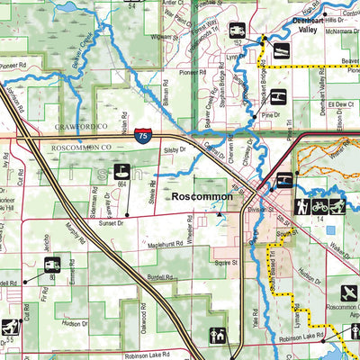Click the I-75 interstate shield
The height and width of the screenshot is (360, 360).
pos(143,135)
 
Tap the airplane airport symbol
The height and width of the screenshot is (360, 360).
pos(348,292)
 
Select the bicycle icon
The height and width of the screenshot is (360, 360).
pos(320,206)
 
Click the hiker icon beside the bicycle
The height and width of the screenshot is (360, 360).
pos(338,206)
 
